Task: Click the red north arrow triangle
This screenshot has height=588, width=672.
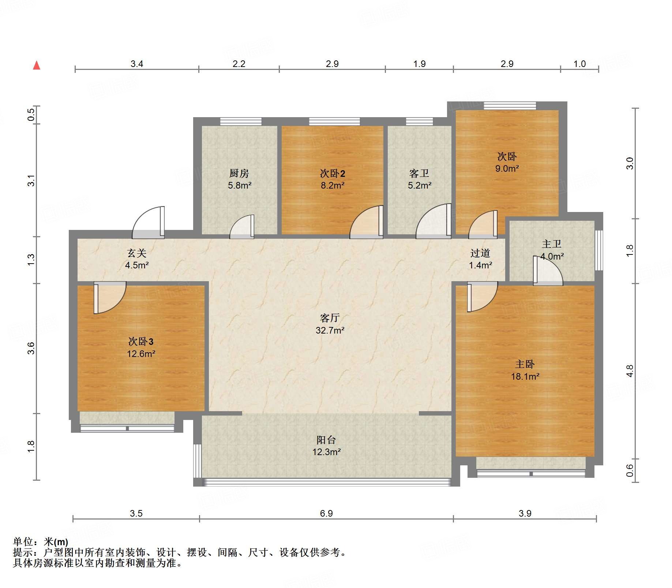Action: click(37, 66)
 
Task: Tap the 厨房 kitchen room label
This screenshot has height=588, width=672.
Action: click(239, 173)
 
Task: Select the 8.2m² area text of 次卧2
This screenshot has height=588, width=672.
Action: click(333, 185)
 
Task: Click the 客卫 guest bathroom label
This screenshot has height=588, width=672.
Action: click(419, 173)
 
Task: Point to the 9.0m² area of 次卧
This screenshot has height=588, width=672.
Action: click(507, 168)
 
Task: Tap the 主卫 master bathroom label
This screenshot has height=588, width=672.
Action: click(551, 244)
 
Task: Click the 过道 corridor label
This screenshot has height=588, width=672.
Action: click(480, 253)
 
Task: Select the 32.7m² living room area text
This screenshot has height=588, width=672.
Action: click(330, 330)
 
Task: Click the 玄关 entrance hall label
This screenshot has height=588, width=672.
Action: click(137, 253)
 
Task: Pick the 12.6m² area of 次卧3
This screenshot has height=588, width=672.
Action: click(141, 354)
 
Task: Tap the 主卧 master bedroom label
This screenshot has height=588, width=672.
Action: click(525, 364)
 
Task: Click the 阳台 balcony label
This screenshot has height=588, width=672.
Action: click(326, 440)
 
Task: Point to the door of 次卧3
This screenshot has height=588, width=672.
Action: click(110, 297)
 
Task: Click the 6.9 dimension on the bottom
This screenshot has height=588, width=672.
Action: click(326, 513)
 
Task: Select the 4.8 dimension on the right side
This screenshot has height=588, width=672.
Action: click(630, 371)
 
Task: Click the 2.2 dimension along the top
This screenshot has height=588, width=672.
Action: click(239, 64)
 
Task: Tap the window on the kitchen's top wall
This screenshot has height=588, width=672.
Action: click(241, 122)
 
